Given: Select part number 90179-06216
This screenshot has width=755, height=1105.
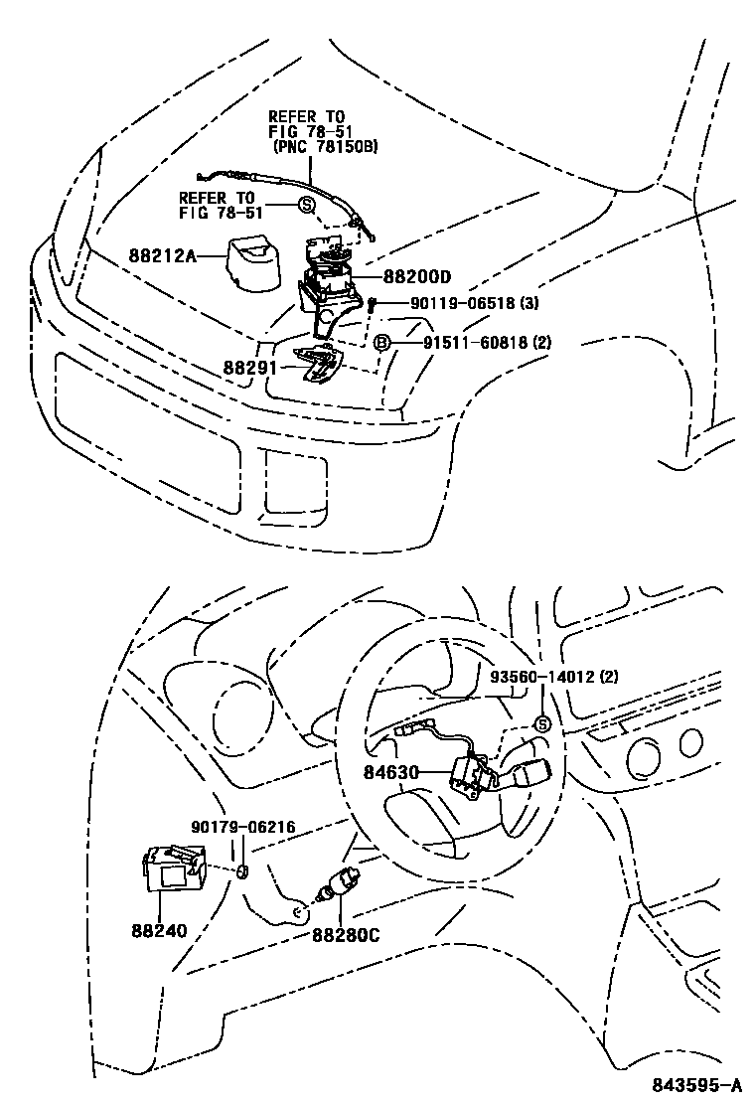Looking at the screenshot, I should [x=242, y=827].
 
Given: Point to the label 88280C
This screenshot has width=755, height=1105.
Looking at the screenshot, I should [x=346, y=933].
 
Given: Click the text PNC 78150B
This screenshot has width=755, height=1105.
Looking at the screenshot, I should [x=327, y=148].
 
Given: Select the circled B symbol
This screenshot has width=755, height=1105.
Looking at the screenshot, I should [x=381, y=343].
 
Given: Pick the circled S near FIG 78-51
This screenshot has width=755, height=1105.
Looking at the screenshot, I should [x=306, y=205].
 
